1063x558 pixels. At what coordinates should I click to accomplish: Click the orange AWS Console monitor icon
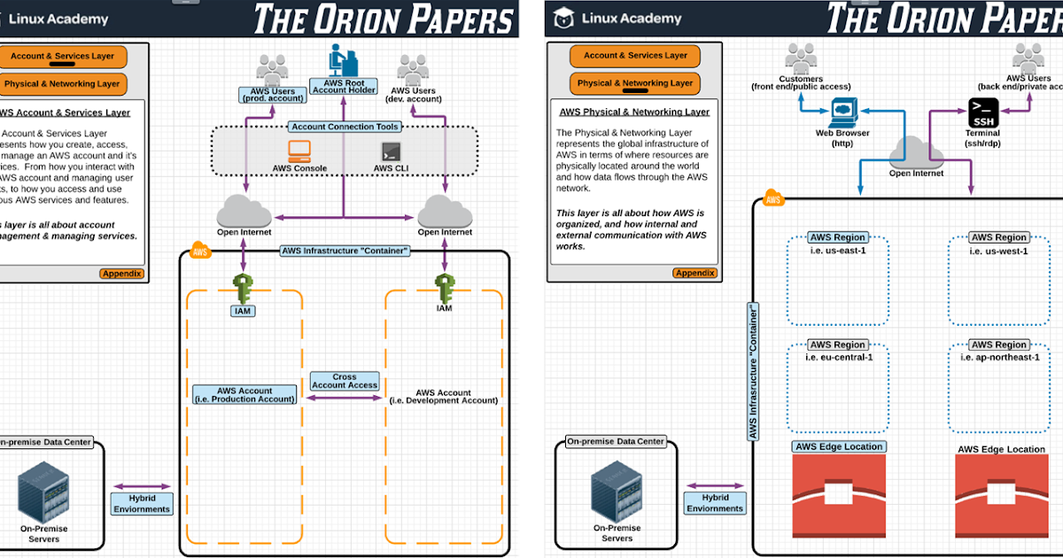(x=299, y=151)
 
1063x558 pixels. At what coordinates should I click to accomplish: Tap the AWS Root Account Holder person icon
(x=343, y=60)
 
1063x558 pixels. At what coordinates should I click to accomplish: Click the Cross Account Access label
(x=345, y=381)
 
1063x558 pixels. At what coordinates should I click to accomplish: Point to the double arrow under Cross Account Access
(x=345, y=399)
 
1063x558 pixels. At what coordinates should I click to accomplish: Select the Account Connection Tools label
(x=345, y=127)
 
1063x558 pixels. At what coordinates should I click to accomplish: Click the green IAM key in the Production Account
(x=244, y=289)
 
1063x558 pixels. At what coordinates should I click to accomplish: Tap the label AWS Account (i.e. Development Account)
(x=444, y=397)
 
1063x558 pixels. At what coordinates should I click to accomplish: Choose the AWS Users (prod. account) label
(x=272, y=95)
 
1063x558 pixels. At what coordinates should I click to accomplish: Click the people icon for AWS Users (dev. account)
(x=414, y=69)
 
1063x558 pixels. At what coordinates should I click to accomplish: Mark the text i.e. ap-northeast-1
(x=999, y=357)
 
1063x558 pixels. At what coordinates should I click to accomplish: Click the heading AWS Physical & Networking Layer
(x=634, y=112)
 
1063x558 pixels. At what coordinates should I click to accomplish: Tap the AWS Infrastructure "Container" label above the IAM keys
(x=345, y=251)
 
